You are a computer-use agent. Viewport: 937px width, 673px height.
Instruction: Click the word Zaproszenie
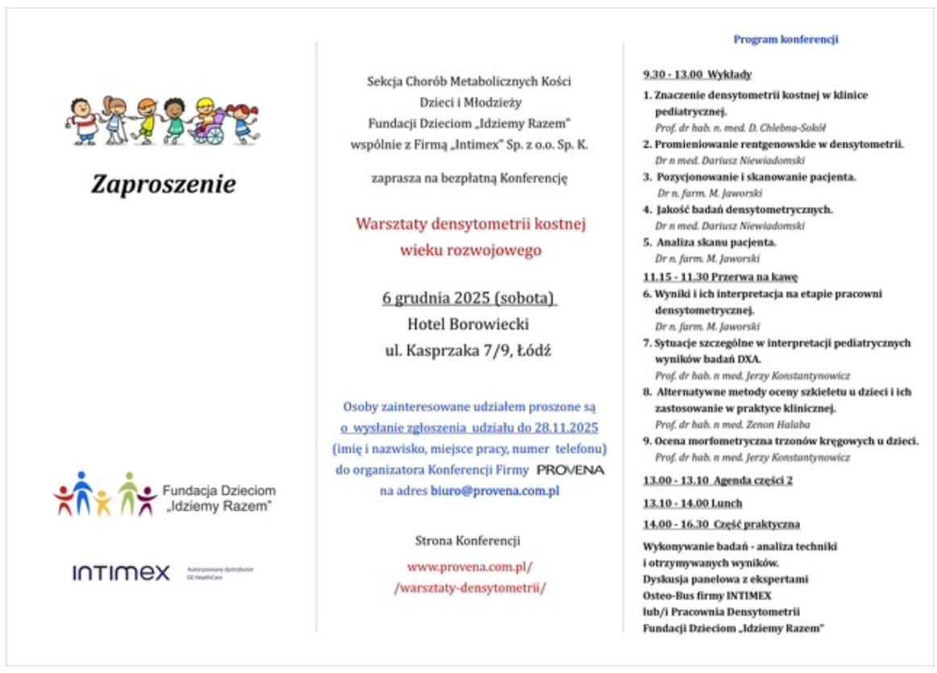pos(164,185)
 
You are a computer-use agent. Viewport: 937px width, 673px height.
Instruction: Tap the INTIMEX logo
pos(121,573)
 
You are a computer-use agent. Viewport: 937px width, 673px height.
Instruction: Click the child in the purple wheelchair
pos(208,122)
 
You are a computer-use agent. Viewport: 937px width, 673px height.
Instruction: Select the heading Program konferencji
pos(786,39)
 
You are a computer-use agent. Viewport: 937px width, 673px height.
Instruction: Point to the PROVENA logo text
pos(570,470)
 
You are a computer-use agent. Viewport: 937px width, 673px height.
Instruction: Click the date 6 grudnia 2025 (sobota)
pos(470,299)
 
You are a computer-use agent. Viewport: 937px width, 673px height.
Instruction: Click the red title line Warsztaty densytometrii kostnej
pos(471,224)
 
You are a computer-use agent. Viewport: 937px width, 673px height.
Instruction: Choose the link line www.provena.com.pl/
pos(470,566)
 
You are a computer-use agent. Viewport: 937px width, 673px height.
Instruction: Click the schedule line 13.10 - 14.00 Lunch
pos(681,503)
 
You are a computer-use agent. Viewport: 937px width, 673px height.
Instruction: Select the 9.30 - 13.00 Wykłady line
pos(697,75)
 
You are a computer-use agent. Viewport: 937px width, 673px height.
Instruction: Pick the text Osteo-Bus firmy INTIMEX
pos(706,596)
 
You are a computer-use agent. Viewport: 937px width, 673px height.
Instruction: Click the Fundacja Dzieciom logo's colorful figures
pos(105,494)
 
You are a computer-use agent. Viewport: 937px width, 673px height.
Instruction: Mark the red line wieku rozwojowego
pos(471,250)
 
